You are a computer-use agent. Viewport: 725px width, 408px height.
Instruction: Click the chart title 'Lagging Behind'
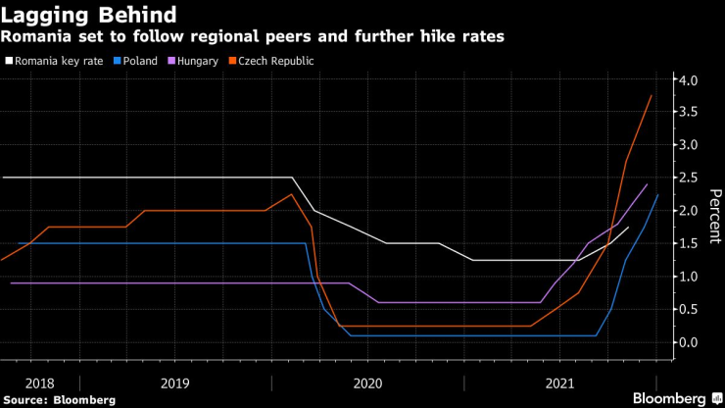pyautogui.click(x=89, y=15)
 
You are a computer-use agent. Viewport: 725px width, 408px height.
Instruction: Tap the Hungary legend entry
pyautogui.click(x=193, y=61)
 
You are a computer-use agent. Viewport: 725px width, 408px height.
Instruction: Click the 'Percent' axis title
pyautogui.click(x=712, y=211)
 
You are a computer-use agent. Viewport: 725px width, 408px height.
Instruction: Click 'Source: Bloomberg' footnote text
pyautogui.click(x=59, y=399)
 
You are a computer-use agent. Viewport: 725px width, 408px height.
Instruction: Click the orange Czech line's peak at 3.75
pyautogui.click(x=652, y=95)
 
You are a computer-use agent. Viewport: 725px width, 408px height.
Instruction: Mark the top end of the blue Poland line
pyautogui.click(x=657, y=195)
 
